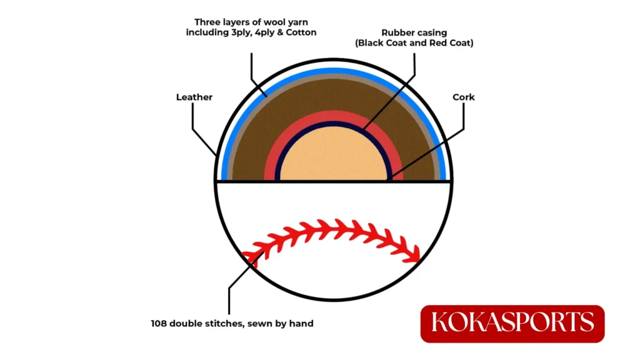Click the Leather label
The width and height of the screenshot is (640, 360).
[x=194, y=97]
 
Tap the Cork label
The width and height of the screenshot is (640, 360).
[x=464, y=97]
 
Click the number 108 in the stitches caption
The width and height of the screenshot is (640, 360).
[x=159, y=323]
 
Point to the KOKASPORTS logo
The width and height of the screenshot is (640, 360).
[x=512, y=324]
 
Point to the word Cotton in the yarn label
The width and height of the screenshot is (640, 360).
[x=301, y=32]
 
